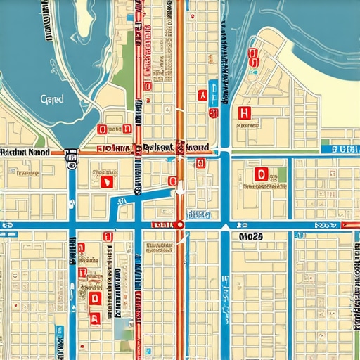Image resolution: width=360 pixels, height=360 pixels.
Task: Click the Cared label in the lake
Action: click(52, 99)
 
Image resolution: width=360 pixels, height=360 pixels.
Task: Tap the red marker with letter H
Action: click(245, 113)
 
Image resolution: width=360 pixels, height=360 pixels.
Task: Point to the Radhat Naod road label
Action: click(24, 150)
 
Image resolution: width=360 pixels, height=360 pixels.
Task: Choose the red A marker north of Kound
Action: click(202, 94)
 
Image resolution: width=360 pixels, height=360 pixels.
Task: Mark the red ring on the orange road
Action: click(180, 224)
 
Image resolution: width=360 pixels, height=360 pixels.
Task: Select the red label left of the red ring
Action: click(162, 224)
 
